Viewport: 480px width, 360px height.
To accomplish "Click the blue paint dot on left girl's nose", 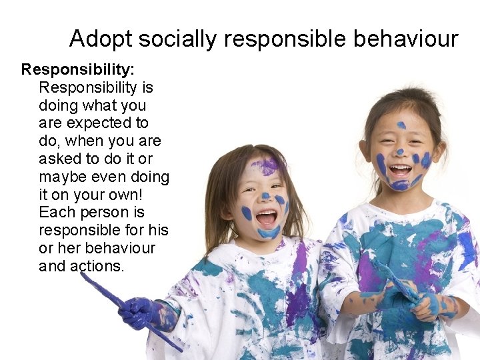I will [x=265, y=196].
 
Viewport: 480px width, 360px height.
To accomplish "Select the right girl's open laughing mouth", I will [x=400, y=171].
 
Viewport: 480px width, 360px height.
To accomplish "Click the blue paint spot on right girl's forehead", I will [x=401, y=125].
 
